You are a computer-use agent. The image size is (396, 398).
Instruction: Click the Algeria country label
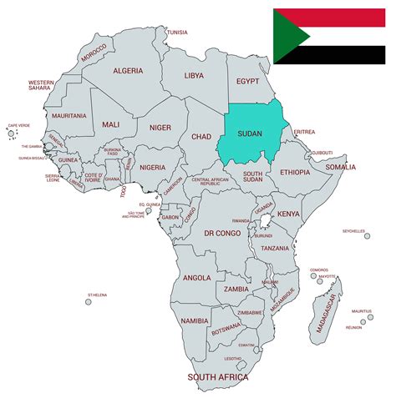click(128, 71)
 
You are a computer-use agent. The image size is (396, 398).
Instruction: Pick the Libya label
click(194, 75)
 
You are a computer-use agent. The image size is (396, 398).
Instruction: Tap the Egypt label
click(248, 82)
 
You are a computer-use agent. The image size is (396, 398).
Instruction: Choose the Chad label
click(201, 136)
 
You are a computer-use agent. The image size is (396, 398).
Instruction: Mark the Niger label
click(160, 128)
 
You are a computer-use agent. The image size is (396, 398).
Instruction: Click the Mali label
click(110, 124)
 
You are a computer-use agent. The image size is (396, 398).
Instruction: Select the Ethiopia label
click(295, 172)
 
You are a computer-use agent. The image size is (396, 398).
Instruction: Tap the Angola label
click(196, 278)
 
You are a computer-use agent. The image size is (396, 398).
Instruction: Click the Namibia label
click(195, 320)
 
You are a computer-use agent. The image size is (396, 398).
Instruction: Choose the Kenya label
click(288, 214)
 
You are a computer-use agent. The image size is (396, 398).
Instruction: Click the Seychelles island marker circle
click(367, 236)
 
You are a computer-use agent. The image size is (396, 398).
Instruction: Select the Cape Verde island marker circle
click(11, 134)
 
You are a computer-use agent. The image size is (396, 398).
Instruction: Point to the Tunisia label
click(177, 32)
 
